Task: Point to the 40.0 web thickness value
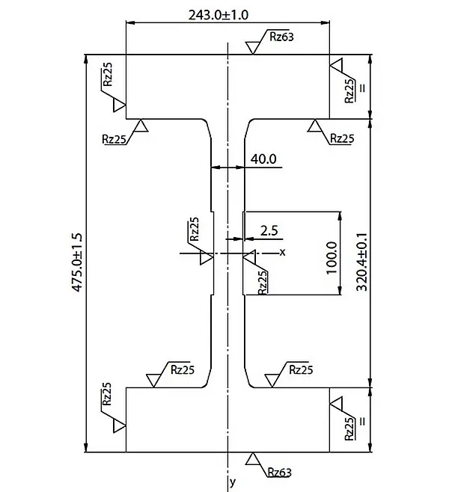pyautogui.click(x=264, y=159)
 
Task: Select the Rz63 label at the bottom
pyautogui.click(x=278, y=472)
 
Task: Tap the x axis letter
pyautogui.click(x=282, y=252)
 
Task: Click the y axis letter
pyautogui.click(x=233, y=481)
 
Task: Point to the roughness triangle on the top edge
pyautogui.click(x=253, y=47)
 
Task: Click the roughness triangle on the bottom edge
pyautogui.click(x=253, y=459)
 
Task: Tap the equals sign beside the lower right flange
pyautogui.click(x=363, y=421)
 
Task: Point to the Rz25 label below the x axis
pyautogui.click(x=262, y=283)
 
